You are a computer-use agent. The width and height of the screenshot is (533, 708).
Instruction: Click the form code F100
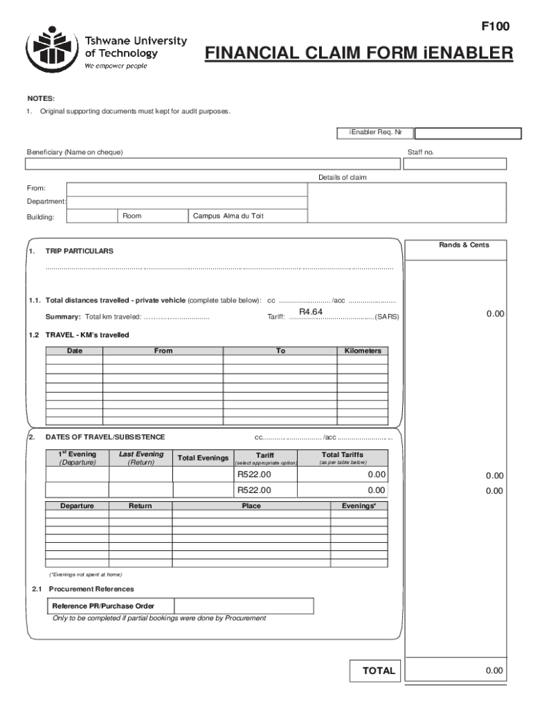pos(495,27)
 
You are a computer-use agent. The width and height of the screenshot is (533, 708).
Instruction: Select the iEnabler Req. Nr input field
pos(467,133)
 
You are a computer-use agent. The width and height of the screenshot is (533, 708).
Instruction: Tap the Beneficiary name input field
pos(213,164)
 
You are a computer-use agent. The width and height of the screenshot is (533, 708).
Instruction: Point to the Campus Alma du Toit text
pos(228,216)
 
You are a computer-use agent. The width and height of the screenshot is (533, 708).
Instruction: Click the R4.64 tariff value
pos(311,312)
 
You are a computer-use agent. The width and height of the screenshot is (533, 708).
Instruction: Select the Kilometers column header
pos(363,351)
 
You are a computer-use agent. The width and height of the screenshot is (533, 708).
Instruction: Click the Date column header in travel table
pos(74,351)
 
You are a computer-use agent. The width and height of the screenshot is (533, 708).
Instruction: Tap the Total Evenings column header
pos(203,458)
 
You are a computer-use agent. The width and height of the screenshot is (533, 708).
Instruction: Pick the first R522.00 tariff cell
pos(254,475)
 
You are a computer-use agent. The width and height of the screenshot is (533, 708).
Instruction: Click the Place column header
pos(251,506)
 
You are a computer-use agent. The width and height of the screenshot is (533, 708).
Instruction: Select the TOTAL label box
pos(379,671)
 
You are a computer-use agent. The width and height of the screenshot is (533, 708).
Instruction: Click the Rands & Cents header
pos(463,245)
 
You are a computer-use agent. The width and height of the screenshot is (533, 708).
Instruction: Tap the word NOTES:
pos(41,99)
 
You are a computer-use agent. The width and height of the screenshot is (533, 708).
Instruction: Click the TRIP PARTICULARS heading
pos(80,251)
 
